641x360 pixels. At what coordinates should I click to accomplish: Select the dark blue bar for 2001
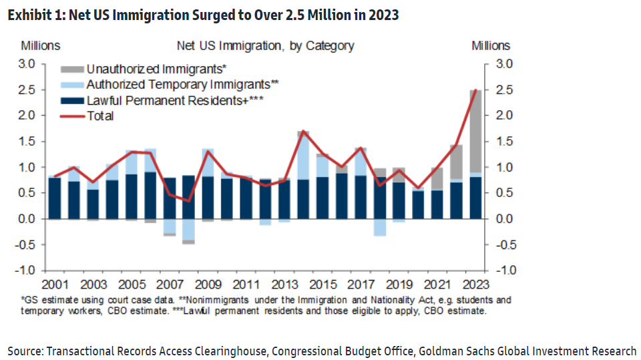(x=55, y=198)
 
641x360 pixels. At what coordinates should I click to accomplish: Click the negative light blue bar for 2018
(x=380, y=227)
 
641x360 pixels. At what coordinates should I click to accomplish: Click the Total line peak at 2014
(x=303, y=132)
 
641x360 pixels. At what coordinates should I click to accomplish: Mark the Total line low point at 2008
(x=188, y=200)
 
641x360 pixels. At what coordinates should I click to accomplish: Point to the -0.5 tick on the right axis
(x=504, y=244)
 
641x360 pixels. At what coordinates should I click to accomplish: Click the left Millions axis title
(x=40, y=46)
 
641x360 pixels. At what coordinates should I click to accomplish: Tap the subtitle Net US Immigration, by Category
(x=265, y=46)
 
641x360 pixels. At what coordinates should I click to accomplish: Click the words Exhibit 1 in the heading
(x=34, y=15)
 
